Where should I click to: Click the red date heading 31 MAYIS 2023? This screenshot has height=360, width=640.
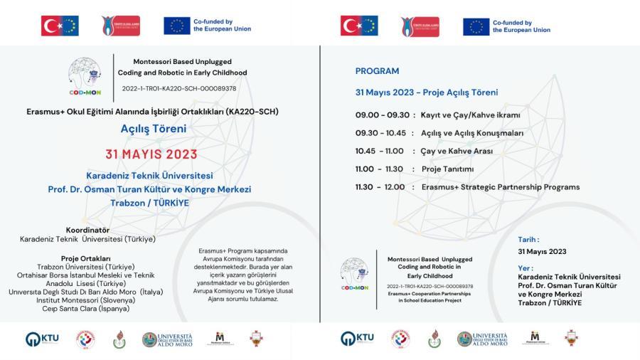click(x=151, y=154)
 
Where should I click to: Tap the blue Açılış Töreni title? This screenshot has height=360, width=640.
click(x=154, y=129)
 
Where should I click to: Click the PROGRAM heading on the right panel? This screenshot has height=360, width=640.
click(x=377, y=71)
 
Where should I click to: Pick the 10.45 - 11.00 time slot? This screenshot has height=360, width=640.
click(x=379, y=151)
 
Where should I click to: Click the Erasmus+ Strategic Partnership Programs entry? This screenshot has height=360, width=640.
click(x=500, y=187)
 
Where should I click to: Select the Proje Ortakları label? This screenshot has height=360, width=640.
click(x=85, y=258)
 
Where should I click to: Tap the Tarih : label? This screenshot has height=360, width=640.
click(x=528, y=240)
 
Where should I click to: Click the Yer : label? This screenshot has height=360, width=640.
click(x=526, y=268)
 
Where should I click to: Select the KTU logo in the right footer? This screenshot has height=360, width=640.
click(x=357, y=339)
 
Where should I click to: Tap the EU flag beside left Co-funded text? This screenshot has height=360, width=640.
click(x=176, y=26)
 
